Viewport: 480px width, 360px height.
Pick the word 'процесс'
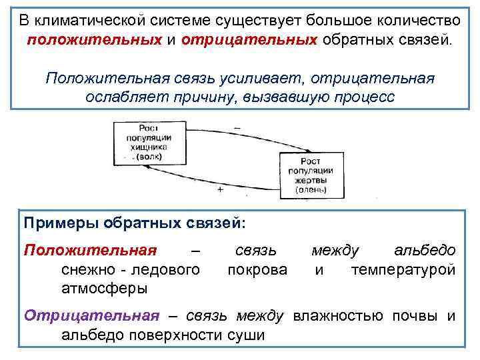pos(367,97)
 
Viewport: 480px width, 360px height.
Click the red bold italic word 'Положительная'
pos(90,250)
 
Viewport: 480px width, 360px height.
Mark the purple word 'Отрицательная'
pos(92,316)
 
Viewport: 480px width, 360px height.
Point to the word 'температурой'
pos(403,269)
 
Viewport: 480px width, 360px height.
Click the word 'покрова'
pos(257,269)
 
